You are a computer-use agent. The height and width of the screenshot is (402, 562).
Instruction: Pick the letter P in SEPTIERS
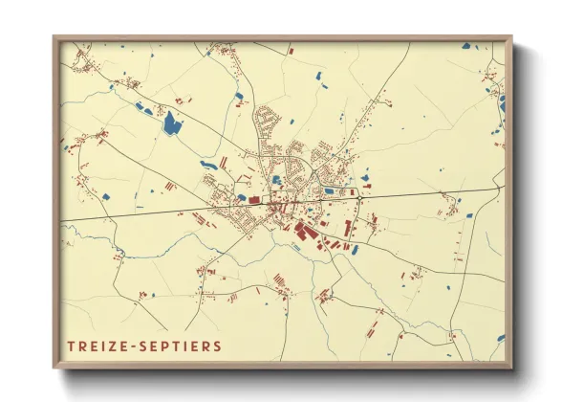168,346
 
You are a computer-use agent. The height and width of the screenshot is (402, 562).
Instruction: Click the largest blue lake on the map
171,123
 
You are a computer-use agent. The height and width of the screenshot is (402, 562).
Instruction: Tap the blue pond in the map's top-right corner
465,45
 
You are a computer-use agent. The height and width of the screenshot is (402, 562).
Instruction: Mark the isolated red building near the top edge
291,49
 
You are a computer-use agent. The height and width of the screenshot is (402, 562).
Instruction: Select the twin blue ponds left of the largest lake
142,108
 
